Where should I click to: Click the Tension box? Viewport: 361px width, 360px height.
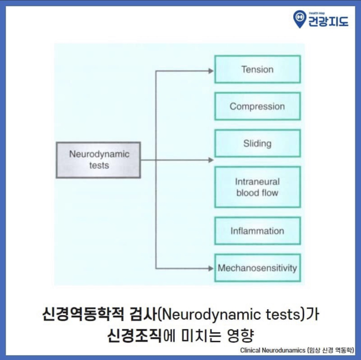click(257, 70)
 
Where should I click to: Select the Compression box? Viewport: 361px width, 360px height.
click(257, 106)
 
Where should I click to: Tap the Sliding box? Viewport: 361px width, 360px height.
click(257, 143)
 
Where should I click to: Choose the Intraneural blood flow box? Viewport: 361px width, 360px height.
click(257, 187)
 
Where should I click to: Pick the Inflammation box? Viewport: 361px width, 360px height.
click(257, 231)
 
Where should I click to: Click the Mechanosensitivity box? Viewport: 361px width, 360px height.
click(257, 268)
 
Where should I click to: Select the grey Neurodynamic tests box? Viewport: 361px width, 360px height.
click(99, 160)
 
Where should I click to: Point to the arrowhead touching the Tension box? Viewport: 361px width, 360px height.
click(211, 71)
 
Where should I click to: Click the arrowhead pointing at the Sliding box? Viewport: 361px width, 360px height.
click(211, 160)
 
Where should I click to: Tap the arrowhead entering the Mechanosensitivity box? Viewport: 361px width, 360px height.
click(211, 268)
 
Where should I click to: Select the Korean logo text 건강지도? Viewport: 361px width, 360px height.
click(328, 21)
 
